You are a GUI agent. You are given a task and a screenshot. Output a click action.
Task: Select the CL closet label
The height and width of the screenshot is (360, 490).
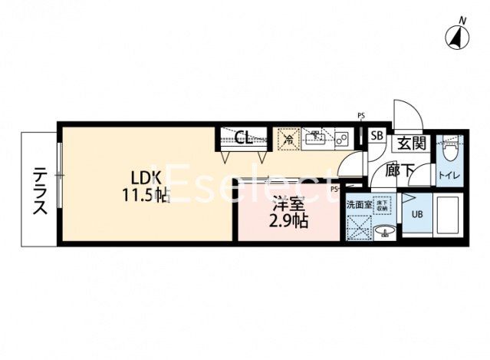point(244,139)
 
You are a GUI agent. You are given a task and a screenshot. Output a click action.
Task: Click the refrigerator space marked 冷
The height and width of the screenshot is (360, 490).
point(288,139)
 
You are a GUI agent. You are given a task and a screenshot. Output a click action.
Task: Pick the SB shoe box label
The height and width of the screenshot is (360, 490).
point(377,137)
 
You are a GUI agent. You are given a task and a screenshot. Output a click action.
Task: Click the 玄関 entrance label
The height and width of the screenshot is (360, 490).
point(410,143)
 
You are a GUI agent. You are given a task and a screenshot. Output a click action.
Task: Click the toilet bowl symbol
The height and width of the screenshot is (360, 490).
point(449,146)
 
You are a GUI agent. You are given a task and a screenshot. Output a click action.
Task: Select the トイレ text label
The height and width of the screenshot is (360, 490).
point(449,176)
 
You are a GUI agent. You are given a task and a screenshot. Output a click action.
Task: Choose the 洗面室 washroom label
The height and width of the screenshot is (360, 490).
point(358,204)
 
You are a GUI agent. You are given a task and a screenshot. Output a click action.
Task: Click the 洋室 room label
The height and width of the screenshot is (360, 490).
point(288,206)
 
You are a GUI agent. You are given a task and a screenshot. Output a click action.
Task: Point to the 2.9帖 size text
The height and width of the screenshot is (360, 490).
point(288,223)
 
